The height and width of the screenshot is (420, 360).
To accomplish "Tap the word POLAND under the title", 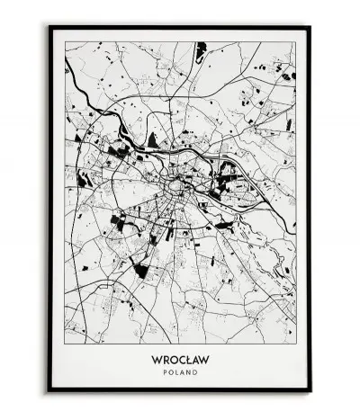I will point(180,371).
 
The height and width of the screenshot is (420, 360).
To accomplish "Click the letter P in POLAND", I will point(165,371).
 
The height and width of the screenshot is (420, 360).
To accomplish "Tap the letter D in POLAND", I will point(195,371).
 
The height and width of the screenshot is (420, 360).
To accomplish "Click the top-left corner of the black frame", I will point(49,26).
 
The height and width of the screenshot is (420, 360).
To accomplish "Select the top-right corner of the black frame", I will point(310,26).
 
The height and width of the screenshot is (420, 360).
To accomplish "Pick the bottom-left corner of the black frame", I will point(49,391).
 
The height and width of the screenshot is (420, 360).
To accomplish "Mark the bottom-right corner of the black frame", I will point(310,391).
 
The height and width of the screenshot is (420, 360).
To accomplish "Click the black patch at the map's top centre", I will point(200,49).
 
